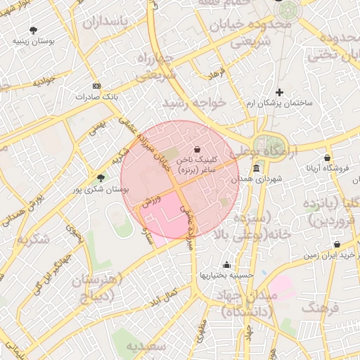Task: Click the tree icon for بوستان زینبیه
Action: click(x=33, y=30)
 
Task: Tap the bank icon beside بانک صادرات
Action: click(x=96, y=86)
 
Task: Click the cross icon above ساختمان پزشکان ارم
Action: click(x=279, y=92)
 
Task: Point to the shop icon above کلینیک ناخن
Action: click(x=196, y=149)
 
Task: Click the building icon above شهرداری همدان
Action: click(x=255, y=169)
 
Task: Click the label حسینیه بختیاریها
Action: click(x=226, y=275)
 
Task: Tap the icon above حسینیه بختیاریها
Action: click(x=226, y=265)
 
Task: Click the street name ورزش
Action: click(x=152, y=198)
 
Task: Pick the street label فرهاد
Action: click(x=216, y=73)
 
